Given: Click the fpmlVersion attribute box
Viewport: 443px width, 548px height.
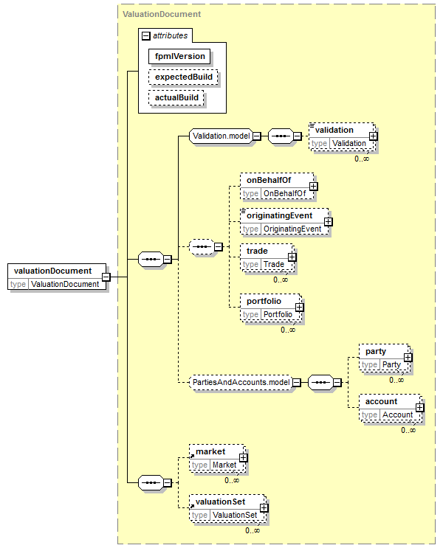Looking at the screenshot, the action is [179, 56].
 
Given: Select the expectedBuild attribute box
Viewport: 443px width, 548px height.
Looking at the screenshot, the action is [183, 77].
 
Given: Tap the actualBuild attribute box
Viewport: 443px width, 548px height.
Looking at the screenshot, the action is [176, 97].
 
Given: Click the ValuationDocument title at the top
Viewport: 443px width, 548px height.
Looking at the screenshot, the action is [162, 14].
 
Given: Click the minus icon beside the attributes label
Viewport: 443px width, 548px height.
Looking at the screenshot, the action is [145, 35].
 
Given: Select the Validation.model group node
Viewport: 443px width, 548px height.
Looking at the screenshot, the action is [221, 136].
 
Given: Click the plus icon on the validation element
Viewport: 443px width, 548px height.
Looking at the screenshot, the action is [374, 136].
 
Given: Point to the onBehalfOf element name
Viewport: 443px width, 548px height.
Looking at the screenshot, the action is [269, 181].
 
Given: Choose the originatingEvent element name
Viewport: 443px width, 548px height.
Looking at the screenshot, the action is [279, 215].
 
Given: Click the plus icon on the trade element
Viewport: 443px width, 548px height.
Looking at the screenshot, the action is [292, 257].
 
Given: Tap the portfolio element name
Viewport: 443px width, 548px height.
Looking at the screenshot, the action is [264, 301].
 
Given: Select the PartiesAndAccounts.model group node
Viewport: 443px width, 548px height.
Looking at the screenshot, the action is [241, 382].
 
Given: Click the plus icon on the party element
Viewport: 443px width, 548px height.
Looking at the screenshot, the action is [408, 358].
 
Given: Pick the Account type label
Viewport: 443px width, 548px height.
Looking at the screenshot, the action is [397, 415].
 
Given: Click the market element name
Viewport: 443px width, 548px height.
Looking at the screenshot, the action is [210, 452].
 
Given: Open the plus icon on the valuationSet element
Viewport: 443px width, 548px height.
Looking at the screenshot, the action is [264, 508].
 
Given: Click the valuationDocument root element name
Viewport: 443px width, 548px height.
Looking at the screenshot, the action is [53, 271].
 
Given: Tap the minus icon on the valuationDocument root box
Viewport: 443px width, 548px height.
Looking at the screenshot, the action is [106, 277].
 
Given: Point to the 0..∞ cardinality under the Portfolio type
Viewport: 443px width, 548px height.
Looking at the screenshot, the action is [288, 330].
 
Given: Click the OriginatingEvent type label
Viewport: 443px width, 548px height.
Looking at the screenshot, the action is [292, 229].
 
